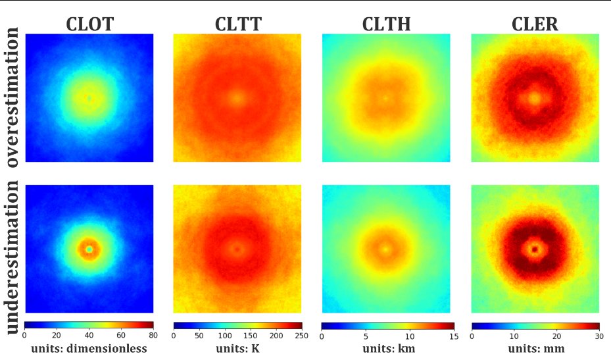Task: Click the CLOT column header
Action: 89,24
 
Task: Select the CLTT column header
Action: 238,24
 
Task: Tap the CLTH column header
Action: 387,24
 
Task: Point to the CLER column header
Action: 535,24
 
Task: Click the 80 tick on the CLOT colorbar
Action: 153,335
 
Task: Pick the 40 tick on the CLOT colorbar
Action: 89,335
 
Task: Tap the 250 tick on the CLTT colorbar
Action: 301,335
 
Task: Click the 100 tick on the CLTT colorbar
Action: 225,335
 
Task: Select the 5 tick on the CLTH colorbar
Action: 366,335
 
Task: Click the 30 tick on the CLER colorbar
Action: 599,335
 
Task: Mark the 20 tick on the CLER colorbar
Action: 556,335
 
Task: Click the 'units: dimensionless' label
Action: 89,349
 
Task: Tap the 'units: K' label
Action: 237,349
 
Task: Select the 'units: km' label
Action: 387,349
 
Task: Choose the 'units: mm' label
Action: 535,349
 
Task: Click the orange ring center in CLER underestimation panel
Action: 535,249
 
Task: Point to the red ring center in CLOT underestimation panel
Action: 89,249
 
